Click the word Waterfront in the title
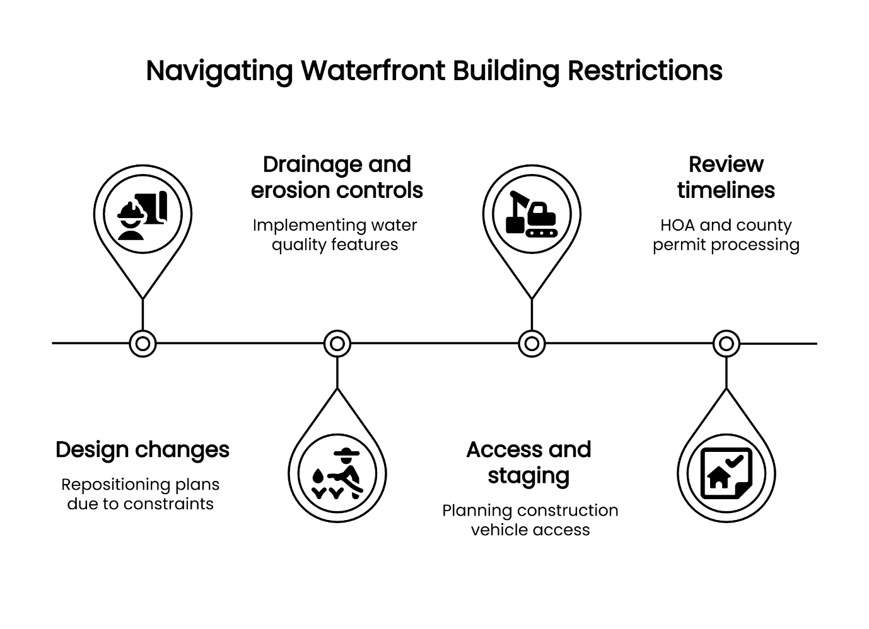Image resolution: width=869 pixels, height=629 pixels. [374, 71]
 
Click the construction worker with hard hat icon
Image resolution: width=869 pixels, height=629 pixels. [143, 214]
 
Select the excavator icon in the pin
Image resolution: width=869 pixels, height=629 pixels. [532, 214]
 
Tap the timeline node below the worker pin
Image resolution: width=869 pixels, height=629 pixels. [143, 343]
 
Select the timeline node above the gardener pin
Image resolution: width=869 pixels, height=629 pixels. [337, 343]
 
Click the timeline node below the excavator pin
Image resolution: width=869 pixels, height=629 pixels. [532, 343]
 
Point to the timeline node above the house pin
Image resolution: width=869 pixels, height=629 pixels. [726, 343]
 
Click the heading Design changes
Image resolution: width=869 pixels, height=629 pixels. [143, 450]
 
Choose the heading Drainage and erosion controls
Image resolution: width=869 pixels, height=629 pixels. [337, 177]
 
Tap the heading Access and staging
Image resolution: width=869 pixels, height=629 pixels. [529, 463]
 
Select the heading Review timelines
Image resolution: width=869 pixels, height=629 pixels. [726, 177]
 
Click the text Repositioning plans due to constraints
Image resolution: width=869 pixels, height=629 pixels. [141, 494]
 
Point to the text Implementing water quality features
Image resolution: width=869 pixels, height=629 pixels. [335, 235]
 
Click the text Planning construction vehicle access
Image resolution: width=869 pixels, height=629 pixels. [530, 520]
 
